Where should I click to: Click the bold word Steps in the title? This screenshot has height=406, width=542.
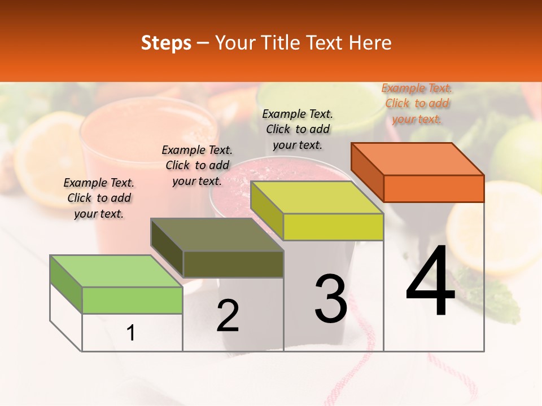[x=166, y=43]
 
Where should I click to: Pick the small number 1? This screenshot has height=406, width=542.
[x=131, y=333]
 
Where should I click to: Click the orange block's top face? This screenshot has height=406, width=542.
[x=418, y=158]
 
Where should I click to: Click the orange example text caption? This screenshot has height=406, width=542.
[x=417, y=104]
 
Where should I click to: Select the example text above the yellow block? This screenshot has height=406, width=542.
[x=298, y=129]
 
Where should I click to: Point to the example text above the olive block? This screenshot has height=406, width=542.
[x=197, y=166]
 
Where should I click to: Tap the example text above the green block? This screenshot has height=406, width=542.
[x=99, y=198]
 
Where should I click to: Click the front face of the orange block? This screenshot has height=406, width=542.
[x=434, y=188]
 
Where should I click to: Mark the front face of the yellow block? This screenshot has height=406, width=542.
[x=333, y=227]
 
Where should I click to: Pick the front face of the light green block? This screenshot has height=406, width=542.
[x=132, y=300]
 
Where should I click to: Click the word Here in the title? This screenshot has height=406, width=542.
[x=370, y=43]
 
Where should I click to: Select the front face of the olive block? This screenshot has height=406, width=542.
[x=233, y=264]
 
